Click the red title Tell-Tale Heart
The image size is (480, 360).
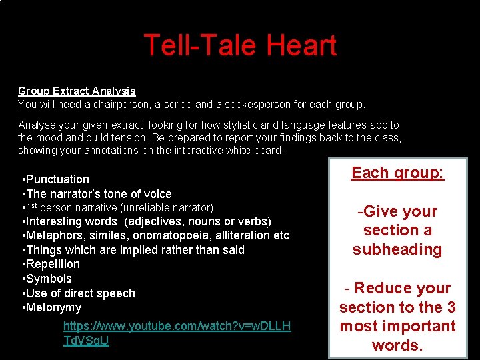pyautogui.click(x=240, y=45)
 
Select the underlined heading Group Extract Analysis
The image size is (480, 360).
pyautogui.click(x=77, y=91)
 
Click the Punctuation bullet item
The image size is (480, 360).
pyautogui.click(x=56, y=179)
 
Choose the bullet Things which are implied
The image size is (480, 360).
pyautogui.click(x=133, y=250)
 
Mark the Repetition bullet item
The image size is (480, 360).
pyautogui.click(x=52, y=264)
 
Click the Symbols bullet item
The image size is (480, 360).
pyautogui.click(x=47, y=279)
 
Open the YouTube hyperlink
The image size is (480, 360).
pyautogui.click(x=177, y=333)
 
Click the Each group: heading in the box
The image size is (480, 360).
pyautogui.click(x=397, y=173)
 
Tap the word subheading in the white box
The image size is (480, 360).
pyautogui.click(x=397, y=249)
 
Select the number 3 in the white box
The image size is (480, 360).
pyautogui.click(x=451, y=307)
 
